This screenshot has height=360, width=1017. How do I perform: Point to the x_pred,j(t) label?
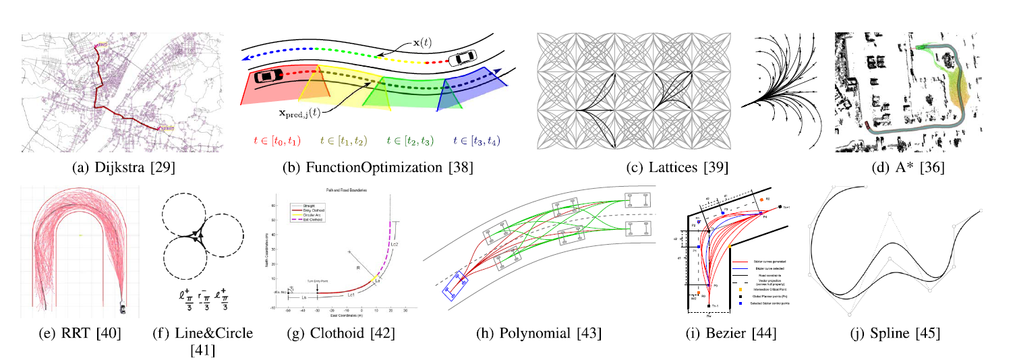tap(279, 115)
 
